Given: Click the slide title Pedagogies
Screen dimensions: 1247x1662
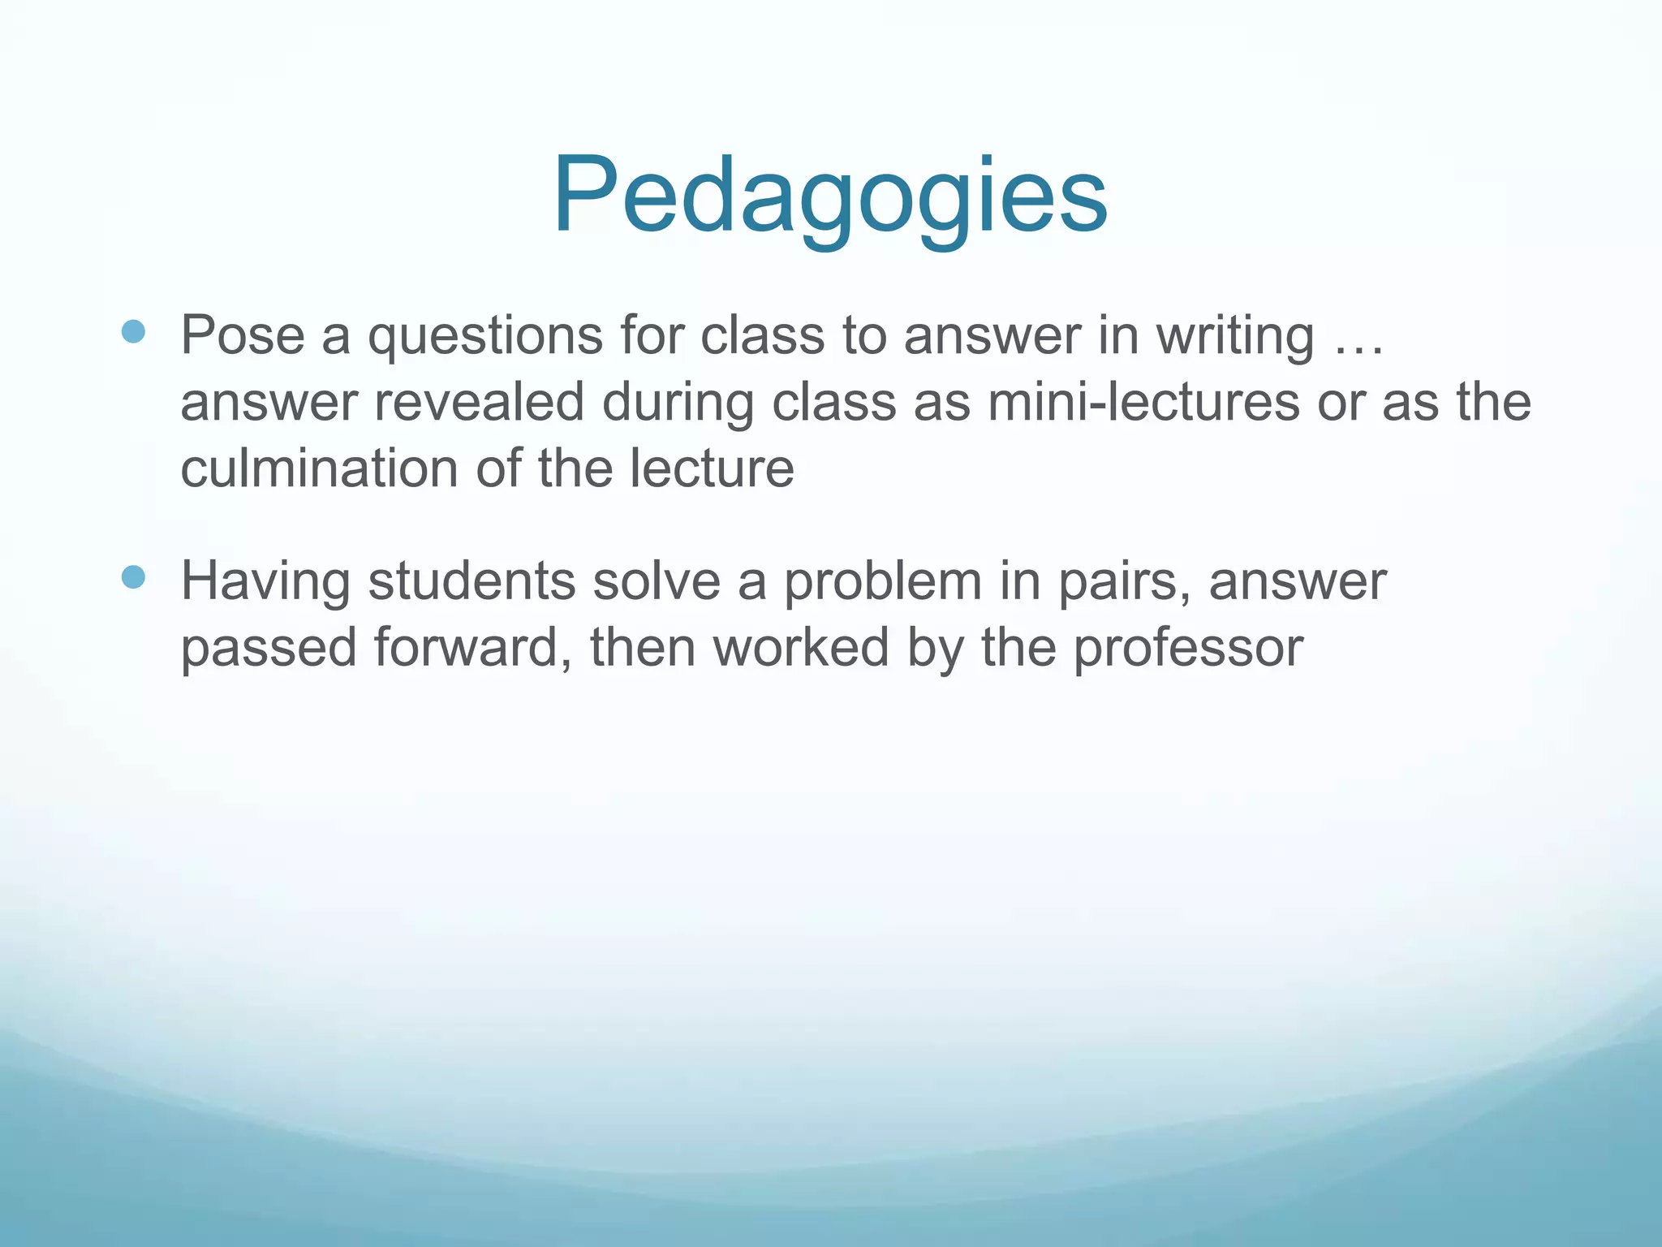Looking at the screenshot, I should tap(830, 196).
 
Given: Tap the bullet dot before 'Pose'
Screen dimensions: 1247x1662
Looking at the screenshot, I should tap(133, 331).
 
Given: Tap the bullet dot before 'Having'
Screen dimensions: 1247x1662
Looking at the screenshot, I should tap(133, 577).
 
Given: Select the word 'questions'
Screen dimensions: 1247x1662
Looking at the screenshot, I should tap(485, 336).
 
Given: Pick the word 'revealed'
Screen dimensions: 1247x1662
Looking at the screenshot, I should tap(479, 402).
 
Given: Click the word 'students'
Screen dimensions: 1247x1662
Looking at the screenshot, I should tap(471, 581).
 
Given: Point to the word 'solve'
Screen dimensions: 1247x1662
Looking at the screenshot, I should tap(657, 581).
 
